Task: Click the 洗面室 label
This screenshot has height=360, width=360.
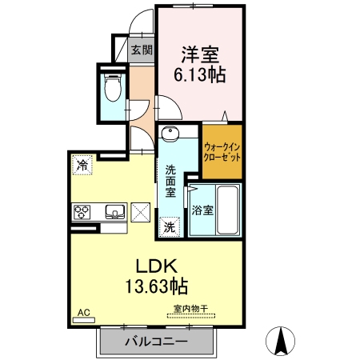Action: pyautogui.click(x=171, y=182)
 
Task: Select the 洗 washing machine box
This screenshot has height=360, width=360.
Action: pyautogui.click(x=170, y=227)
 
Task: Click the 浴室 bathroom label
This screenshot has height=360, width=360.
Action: pyautogui.click(x=202, y=211)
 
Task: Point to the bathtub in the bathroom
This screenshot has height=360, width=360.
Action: pyautogui.click(x=228, y=210)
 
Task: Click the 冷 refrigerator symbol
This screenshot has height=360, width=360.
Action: pyautogui.click(x=82, y=166)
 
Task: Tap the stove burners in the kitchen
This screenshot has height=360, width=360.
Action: pyautogui.click(x=82, y=213)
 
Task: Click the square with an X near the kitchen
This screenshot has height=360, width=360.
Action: pyautogui.click(x=141, y=213)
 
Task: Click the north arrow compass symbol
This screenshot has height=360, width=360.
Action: pyautogui.click(x=282, y=342)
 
